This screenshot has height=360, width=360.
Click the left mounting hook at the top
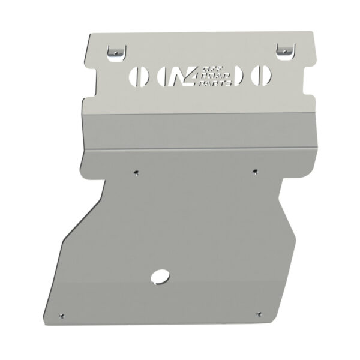click(114, 52)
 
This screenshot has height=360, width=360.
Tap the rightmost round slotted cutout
click(260, 76)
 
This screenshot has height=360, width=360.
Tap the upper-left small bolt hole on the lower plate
click(137, 173)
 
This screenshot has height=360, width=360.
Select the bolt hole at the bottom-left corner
click(62, 313)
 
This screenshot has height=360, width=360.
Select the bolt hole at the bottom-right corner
click(259, 313)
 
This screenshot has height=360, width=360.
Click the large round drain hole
click(161, 276)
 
